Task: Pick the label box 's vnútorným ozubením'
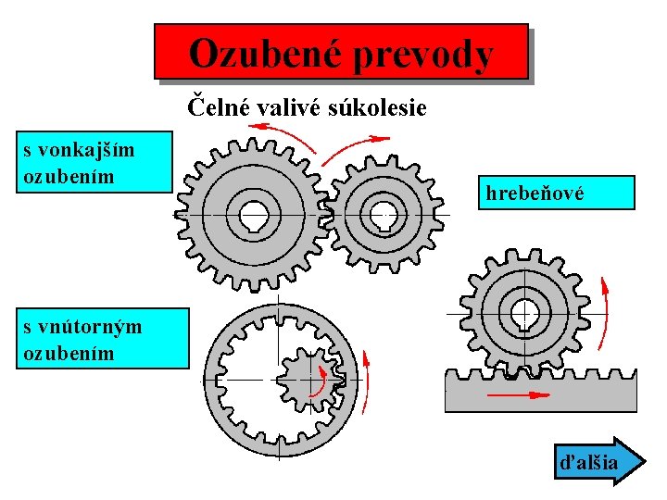[x=102, y=339]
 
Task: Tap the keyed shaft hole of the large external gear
[x=255, y=216]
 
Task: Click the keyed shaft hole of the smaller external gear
[x=381, y=215]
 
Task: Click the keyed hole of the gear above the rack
[x=523, y=314]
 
